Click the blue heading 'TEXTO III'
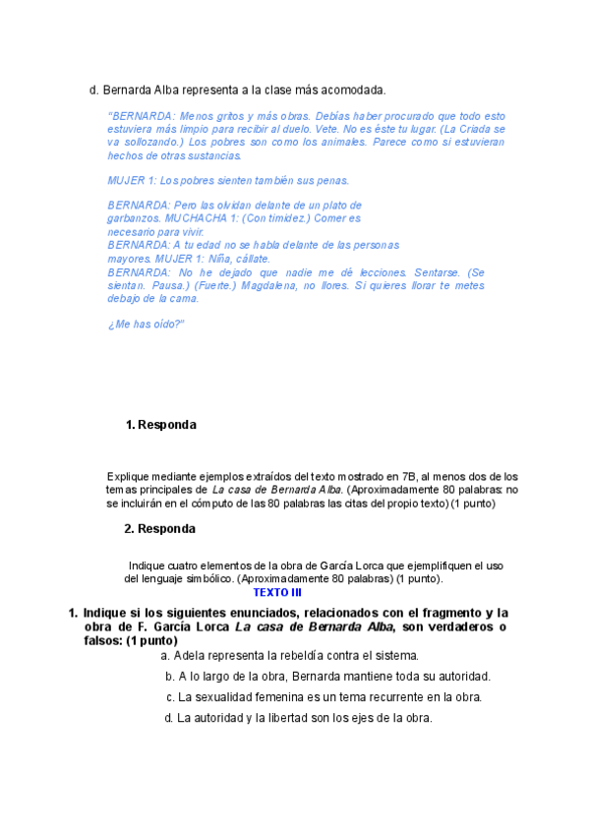click(x=277, y=593)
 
